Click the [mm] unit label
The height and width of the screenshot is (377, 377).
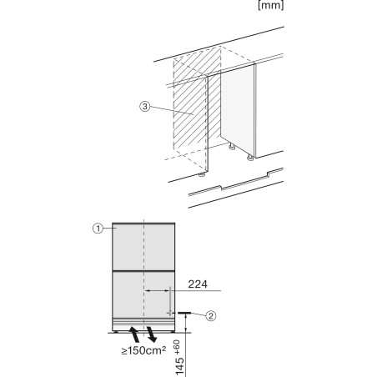tap(271, 5)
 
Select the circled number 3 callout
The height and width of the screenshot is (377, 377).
tap(145, 106)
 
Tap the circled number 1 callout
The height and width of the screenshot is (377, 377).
tap(98, 229)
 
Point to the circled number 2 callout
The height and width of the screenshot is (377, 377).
tap(211, 316)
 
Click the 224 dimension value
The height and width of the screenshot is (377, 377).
tap(198, 284)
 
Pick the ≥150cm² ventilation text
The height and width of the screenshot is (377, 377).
tap(143, 350)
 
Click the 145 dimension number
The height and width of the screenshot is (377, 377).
tap(180, 366)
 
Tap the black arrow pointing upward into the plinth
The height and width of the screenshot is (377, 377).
tap(134, 334)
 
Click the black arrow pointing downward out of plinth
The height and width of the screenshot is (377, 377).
tap(152, 334)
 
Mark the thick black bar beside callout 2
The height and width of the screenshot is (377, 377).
tap(184, 313)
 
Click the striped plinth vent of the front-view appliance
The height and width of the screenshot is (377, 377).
tap(143, 324)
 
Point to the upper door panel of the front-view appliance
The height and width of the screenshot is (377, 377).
tap(143, 247)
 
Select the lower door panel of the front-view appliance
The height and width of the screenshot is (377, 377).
tap(143, 294)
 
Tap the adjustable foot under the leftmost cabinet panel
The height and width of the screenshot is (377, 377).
tap(202, 174)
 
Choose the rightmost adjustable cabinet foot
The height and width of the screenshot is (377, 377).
tap(250, 158)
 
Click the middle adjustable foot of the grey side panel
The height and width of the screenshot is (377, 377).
tap(232, 147)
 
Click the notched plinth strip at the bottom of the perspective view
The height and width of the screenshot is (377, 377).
tap(236, 182)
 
